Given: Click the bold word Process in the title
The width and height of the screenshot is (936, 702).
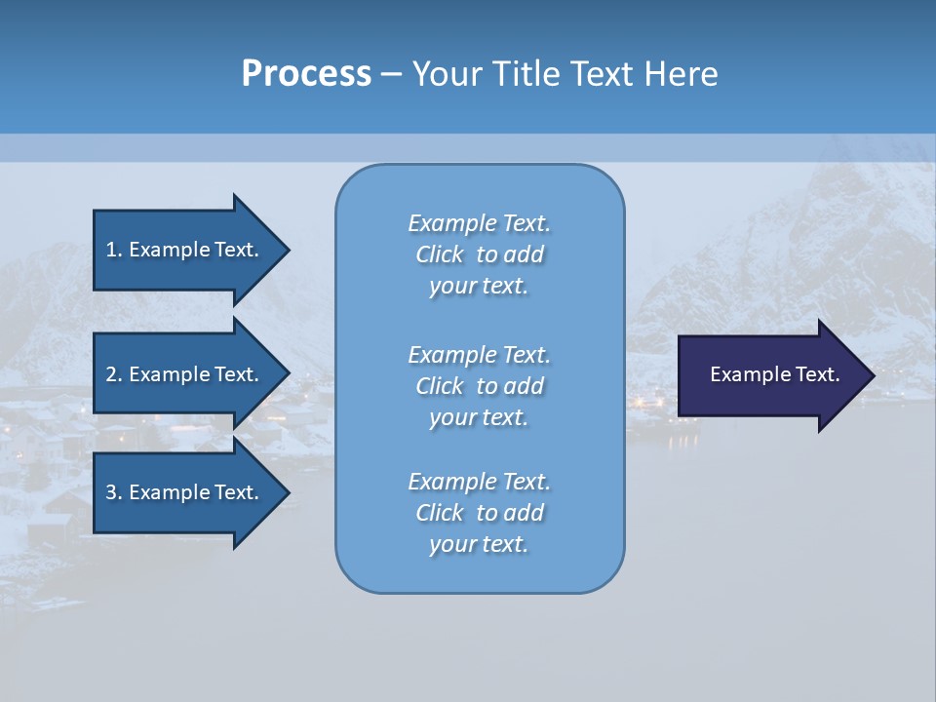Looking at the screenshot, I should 306,73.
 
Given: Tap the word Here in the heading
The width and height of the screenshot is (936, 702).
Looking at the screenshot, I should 680,73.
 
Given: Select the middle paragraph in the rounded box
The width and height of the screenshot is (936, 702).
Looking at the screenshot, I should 479,385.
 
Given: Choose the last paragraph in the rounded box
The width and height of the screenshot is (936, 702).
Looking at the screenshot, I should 479,513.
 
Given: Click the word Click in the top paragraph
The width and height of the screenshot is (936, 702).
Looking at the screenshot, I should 440,254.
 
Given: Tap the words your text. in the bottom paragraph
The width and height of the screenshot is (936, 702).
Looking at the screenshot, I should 479,544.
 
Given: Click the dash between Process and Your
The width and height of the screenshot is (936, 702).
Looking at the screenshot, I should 392,74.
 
